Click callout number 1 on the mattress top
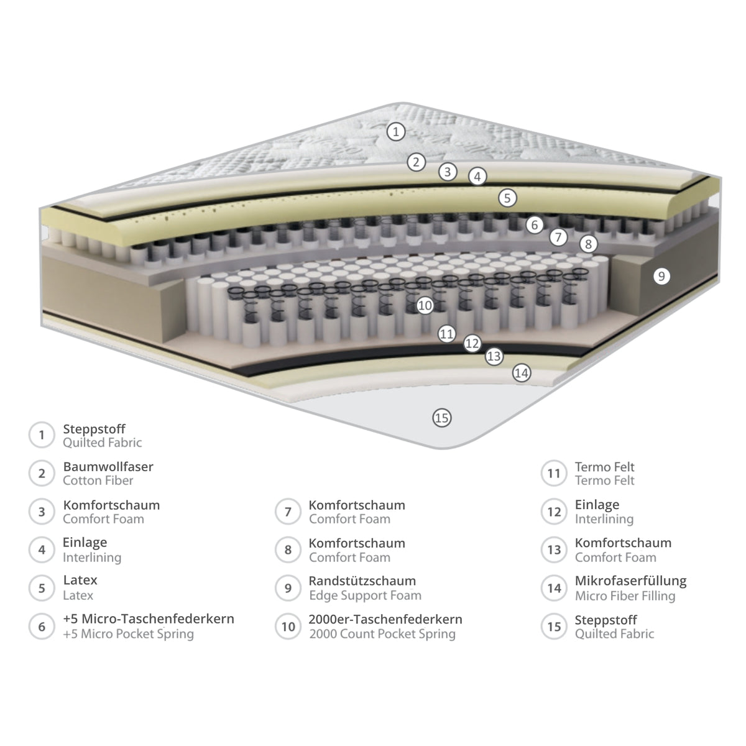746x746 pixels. [x=395, y=132]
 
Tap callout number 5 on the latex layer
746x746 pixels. [x=507, y=198]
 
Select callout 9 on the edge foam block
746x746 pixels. [x=661, y=277]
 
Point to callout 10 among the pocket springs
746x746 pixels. [x=425, y=306]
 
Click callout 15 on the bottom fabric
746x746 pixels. [x=442, y=418]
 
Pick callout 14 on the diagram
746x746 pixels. [x=522, y=373]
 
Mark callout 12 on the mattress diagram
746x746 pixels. [x=472, y=343]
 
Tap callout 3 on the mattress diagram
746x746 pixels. [x=448, y=172]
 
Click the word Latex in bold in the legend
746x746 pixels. [x=80, y=580]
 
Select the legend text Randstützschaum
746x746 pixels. [x=362, y=581]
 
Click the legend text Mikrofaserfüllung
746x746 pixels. [x=630, y=581]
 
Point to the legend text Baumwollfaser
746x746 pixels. [x=108, y=466]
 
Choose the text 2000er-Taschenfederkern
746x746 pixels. [x=385, y=619]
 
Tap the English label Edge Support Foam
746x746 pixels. [x=365, y=595]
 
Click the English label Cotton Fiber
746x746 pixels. [x=98, y=481]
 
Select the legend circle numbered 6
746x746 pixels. [x=42, y=627]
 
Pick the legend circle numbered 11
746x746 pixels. [x=554, y=473]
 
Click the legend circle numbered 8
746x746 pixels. [x=288, y=550]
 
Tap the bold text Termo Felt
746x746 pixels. [x=604, y=467]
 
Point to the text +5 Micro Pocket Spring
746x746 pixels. [x=128, y=634]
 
